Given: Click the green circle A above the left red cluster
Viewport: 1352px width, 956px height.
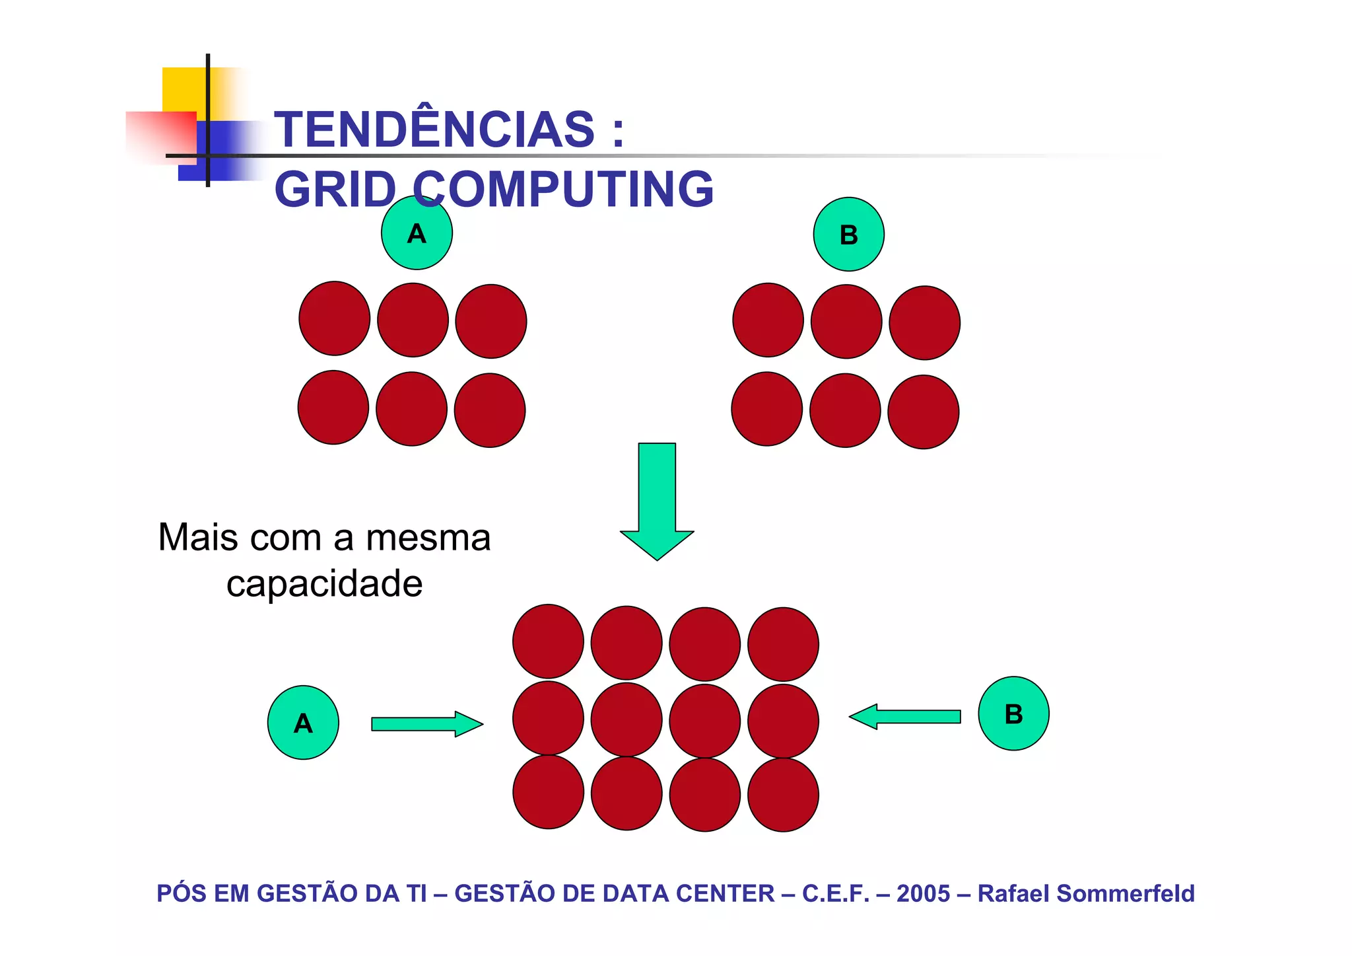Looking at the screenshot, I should click(x=417, y=233).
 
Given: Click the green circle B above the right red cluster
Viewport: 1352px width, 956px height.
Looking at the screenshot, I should click(x=848, y=235).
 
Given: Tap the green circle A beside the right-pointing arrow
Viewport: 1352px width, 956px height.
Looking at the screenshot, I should click(x=303, y=723).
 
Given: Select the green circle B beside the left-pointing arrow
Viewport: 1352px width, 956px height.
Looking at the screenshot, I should click(x=1013, y=714).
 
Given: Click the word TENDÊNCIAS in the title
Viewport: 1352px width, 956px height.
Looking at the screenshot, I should click(x=434, y=129).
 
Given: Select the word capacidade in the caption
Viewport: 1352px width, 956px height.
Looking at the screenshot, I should click(x=324, y=583).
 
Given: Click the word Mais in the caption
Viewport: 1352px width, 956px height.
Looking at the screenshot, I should click(x=198, y=537).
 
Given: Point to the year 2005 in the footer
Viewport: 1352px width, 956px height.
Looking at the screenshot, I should click(x=923, y=893).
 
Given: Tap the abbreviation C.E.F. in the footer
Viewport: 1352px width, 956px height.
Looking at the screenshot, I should click(x=835, y=893).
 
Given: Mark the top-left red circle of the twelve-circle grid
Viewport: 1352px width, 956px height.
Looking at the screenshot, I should click(x=548, y=641).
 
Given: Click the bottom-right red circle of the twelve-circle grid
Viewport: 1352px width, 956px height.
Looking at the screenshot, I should click(x=783, y=795).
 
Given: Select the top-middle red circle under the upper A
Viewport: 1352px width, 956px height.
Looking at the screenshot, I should click(x=413, y=320).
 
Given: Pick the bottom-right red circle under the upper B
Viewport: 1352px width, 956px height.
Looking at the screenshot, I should click(x=923, y=412).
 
